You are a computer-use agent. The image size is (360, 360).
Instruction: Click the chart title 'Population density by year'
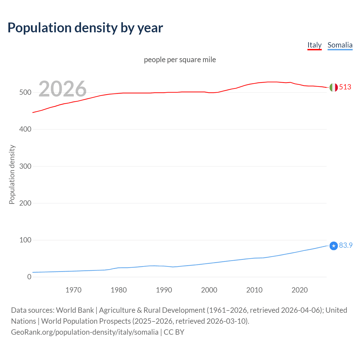point(85,28)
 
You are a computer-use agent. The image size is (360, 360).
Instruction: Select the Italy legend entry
point(314,45)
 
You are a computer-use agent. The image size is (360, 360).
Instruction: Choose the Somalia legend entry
point(340,45)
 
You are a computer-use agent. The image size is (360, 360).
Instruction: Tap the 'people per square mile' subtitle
point(180,60)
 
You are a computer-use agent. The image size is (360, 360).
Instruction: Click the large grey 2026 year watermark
point(62,89)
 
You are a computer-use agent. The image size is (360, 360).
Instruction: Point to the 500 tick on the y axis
point(25,93)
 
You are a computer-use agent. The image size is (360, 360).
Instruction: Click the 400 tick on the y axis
point(25,129)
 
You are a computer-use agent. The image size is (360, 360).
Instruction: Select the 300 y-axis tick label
point(25,166)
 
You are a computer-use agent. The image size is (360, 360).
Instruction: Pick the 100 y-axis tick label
point(25,240)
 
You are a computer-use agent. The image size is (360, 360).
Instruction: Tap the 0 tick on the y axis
point(29,277)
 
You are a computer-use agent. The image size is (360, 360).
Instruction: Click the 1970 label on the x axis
point(73,290)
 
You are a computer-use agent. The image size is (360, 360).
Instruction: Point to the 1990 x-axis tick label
point(164,290)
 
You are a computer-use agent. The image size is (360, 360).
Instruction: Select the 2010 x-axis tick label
point(254,290)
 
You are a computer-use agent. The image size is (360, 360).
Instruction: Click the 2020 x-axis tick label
point(300,290)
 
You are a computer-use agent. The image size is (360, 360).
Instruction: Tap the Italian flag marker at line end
point(334,87)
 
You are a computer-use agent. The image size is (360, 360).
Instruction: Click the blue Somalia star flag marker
point(334,246)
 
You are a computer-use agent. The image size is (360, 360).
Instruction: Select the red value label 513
point(345,87)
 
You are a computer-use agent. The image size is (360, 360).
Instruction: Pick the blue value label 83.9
point(346,245)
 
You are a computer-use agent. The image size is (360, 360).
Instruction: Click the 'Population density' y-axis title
point(12,174)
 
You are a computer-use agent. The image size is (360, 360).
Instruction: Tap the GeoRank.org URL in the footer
point(85,332)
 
